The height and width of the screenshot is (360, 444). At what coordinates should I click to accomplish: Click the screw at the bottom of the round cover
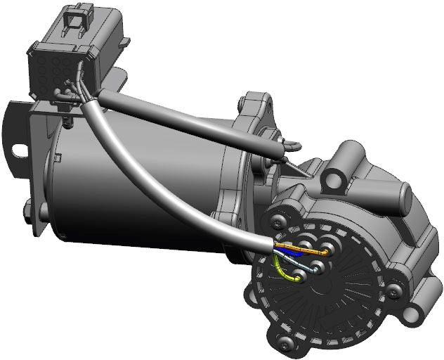(x=285, y=342)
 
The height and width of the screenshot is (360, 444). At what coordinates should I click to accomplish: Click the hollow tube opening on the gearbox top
(x=346, y=155)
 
